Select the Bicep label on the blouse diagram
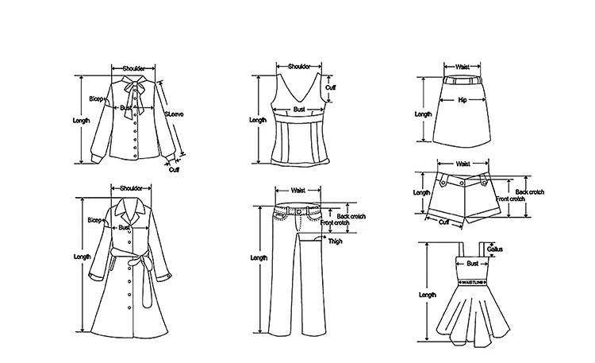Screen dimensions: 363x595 tap(97, 98)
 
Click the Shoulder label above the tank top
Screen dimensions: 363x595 tap(298, 67)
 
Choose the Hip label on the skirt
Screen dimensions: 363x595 tap(462, 101)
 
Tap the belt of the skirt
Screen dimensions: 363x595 tap(462, 80)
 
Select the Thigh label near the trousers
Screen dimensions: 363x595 tap(336, 241)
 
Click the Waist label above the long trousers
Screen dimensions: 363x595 tap(298, 191)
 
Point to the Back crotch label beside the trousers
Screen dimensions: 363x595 tap(349, 216)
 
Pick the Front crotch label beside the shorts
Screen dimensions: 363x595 tap(511, 199)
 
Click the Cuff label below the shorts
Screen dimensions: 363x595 tap(444, 222)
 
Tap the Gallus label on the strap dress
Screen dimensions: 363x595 tap(496, 249)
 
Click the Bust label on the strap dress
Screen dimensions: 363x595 tap(472, 262)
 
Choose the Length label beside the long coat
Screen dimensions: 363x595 tap(82, 257)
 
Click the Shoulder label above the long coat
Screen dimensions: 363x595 tap(131, 188)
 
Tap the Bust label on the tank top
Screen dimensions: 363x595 tap(299, 110)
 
